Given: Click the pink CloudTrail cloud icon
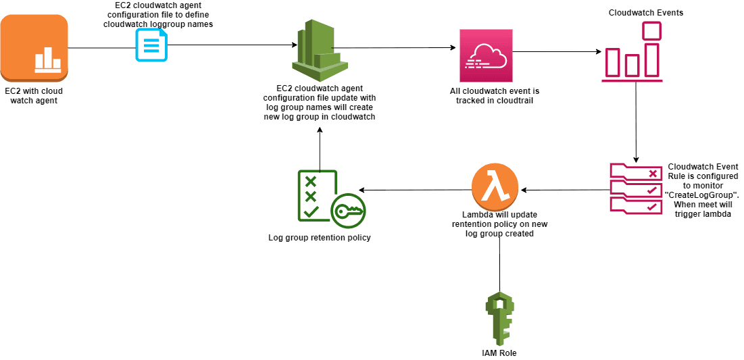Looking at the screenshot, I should (486, 57).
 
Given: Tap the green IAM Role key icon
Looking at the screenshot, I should (499, 318).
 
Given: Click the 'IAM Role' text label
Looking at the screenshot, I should (499, 353).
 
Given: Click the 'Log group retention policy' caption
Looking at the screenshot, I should (320, 238).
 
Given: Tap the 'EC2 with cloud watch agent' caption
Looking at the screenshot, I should (34, 95).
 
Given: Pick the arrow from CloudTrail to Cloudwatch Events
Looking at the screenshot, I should (557, 51).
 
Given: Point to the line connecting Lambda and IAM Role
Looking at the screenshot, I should (499, 263).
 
